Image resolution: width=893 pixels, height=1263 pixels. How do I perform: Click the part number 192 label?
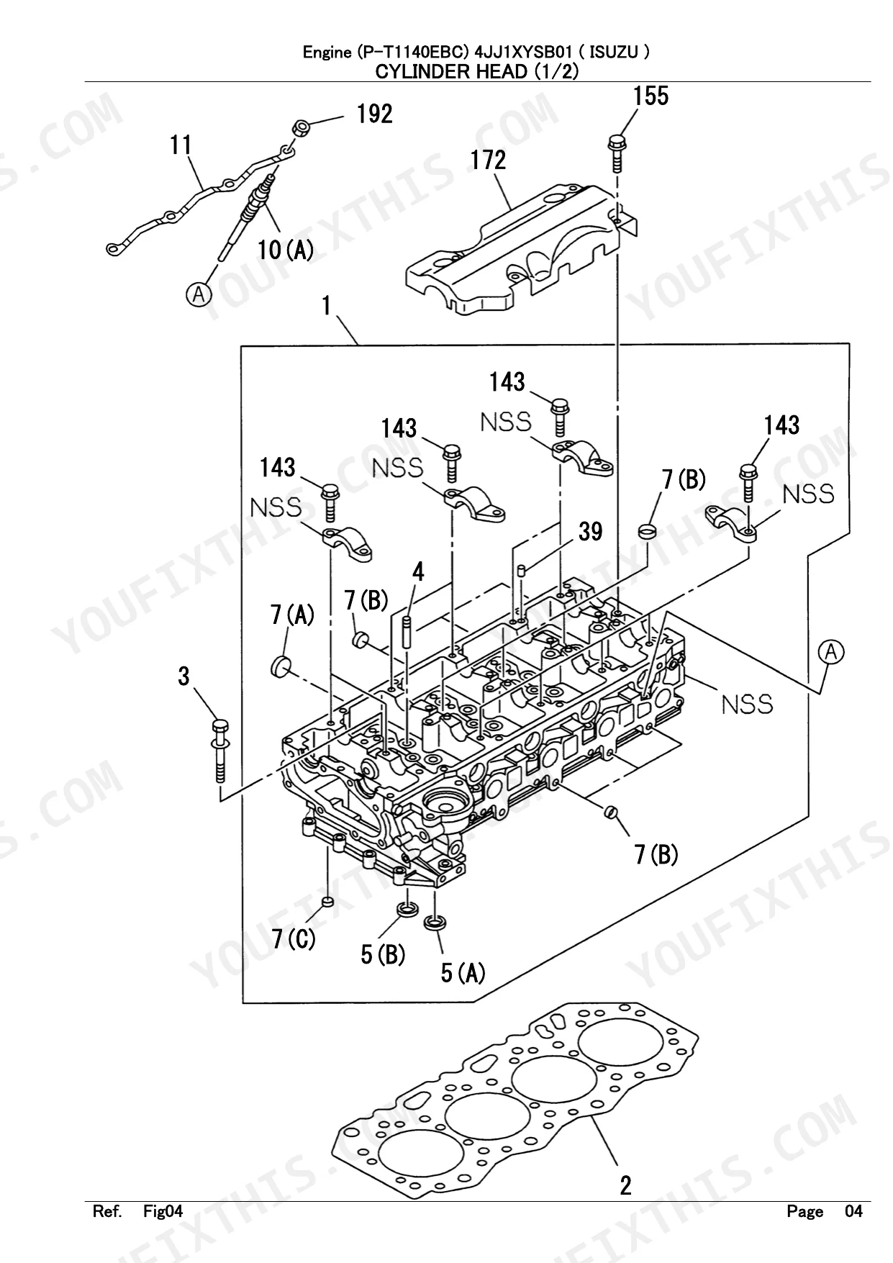pos(374,114)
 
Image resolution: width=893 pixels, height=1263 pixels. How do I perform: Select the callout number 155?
pos(651,96)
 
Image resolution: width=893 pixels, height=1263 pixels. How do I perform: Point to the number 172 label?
pos(489,160)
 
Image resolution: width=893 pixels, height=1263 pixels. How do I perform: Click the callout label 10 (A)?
pos(286,250)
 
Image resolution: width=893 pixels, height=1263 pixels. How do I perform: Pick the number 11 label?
pos(181,145)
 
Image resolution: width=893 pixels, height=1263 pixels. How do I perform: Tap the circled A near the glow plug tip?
pos(198,294)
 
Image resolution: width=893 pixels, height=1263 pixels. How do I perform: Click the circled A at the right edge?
pos(831,652)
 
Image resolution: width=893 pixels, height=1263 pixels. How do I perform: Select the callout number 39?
pos(590,532)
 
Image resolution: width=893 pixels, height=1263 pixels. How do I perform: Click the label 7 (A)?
pos(292,615)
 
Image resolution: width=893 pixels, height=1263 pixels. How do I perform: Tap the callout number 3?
pos(184,676)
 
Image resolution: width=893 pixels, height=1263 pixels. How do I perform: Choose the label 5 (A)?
pos(463,974)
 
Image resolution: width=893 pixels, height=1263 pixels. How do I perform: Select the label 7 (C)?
pos(294,939)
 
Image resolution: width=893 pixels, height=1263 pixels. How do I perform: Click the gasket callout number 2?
pos(625,1185)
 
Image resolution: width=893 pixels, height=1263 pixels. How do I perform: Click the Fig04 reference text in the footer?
pos(163,1211)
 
